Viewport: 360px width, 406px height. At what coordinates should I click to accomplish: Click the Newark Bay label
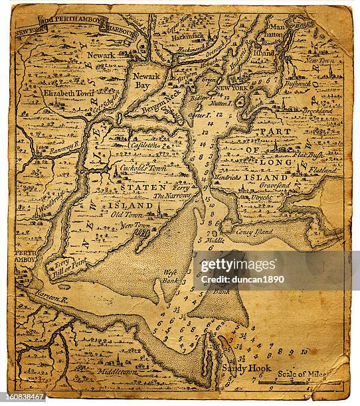coord(146,81)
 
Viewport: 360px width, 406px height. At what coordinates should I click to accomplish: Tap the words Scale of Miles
coord(302,374)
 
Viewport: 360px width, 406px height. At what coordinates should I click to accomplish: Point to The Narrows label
coord(172,196)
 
